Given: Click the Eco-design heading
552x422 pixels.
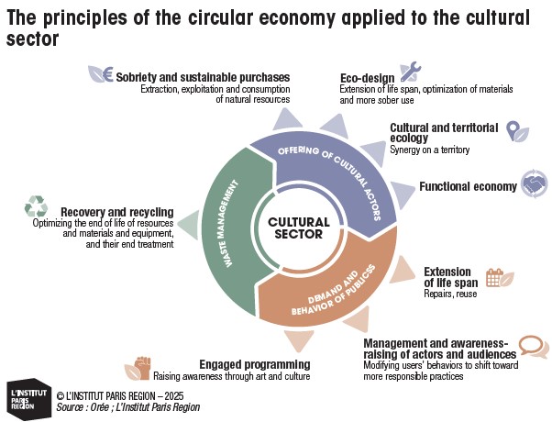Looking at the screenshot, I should point(366,78).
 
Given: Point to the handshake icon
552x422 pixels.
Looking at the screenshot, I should point(534,183).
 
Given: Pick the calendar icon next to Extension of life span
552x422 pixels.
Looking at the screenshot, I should point(494,278).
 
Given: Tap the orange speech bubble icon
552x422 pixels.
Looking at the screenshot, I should point(531,346).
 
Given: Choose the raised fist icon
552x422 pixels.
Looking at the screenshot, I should point(142,368).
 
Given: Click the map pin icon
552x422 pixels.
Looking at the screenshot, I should point(513,129).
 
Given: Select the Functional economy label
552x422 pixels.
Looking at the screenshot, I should point(468,186).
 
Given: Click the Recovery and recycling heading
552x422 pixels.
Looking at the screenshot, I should point(116,210).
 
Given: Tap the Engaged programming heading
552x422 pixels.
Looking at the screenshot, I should point(254,364).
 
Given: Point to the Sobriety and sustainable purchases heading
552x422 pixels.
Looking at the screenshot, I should point(203,77).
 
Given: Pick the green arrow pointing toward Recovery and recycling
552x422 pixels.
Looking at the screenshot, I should point(187,224).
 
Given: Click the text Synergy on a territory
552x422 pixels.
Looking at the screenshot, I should point(430,150).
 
